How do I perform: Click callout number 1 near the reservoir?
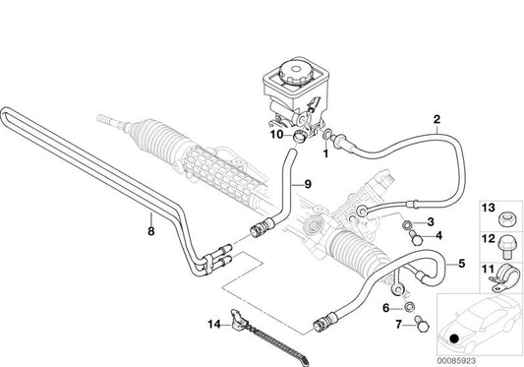click(x=326, y=153)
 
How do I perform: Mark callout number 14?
click(x=210, y=324)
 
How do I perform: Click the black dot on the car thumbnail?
click(x=454, y=341)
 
